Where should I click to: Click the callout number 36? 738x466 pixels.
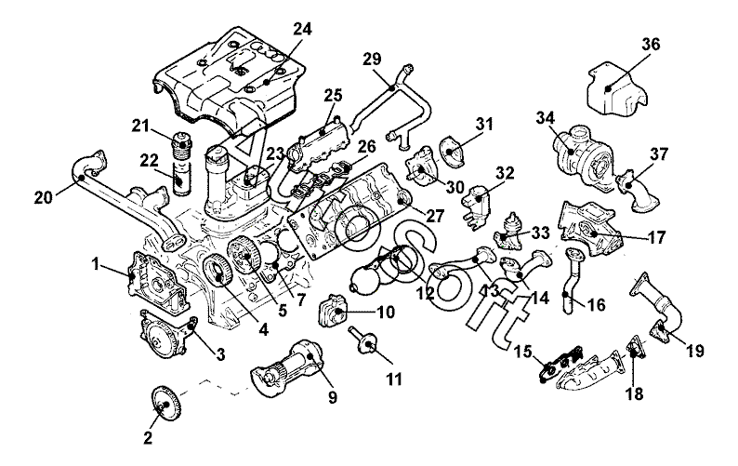point(651,43)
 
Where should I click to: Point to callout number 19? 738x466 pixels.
point(694,352)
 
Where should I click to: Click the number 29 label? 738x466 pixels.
point(372,60)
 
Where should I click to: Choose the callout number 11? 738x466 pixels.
point(394,379)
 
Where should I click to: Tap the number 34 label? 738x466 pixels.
point(545,117)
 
